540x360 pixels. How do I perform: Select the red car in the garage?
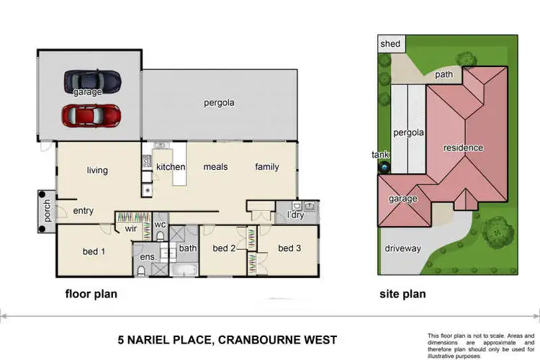(90, 114)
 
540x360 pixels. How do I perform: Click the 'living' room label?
(97, 171)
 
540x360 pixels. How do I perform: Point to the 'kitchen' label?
(171, 167)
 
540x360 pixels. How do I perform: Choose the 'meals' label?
(215, 167)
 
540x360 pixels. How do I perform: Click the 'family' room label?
(266, 167)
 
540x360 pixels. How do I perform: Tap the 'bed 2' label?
(224, 248)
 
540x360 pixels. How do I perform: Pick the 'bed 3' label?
(289, 248)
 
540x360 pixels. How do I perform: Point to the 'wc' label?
(161, 225)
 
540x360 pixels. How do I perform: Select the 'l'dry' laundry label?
(294, 215)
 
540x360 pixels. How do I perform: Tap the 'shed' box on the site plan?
(390, 44)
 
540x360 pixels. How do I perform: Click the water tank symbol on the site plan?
(384, 167)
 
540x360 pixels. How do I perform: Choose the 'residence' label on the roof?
(463, 148)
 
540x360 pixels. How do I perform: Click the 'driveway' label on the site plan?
(402, 248)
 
